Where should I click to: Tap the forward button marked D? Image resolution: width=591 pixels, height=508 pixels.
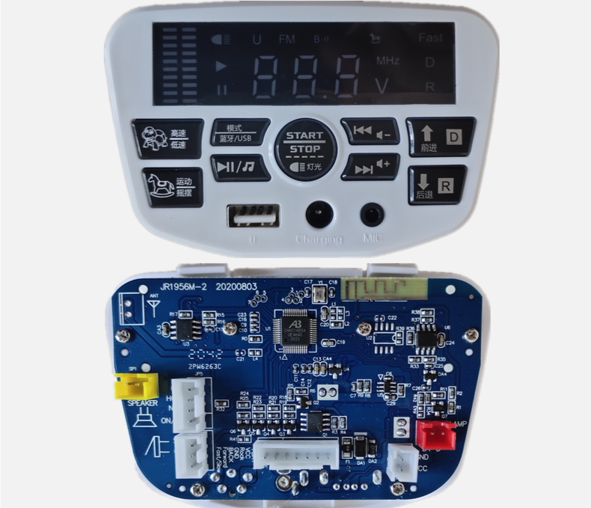[x=440, y=137]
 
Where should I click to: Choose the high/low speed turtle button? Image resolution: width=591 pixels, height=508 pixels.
[x=168, y=138]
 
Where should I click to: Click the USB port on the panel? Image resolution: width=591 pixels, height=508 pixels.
[x=253, y=216]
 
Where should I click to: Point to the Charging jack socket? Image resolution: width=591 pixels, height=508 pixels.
[x=319, y=215]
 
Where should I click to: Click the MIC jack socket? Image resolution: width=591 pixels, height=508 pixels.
[x=372, y=215]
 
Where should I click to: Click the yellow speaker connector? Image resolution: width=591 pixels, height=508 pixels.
[x=135, y=386]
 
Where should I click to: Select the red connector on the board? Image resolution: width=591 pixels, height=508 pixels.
[x=435, y=433]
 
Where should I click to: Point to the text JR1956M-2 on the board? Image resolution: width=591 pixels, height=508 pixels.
[x=183, y=287]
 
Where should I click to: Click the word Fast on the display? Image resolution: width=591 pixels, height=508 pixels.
[x=430, y=37]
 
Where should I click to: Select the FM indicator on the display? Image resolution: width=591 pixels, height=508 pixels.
[x=287, y=39]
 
